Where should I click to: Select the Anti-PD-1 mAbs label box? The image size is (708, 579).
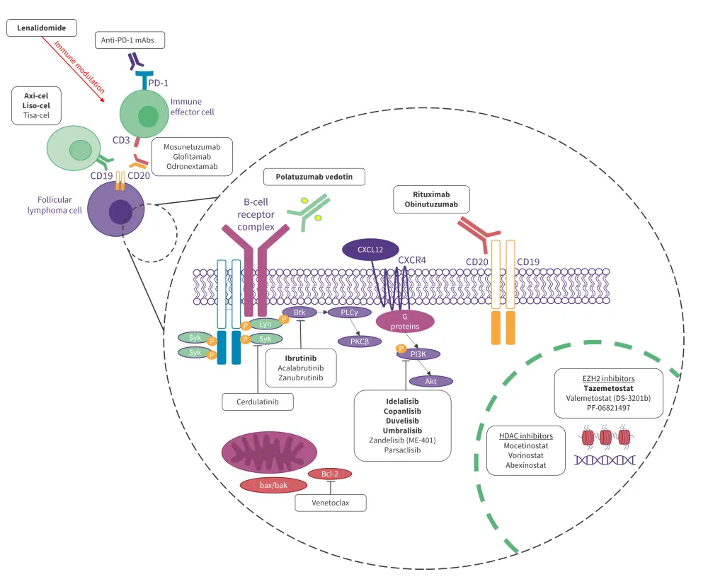[130, 41]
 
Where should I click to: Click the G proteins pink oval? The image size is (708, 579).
[404, 322]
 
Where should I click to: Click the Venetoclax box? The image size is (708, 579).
[331, 503]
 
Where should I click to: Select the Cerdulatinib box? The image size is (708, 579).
[257, 402]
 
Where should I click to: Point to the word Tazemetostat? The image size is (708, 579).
[608, 387]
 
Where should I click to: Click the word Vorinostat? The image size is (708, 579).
[524, 457]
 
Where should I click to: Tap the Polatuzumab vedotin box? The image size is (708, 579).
[314, 176]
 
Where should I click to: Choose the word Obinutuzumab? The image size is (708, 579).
[432, 204]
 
